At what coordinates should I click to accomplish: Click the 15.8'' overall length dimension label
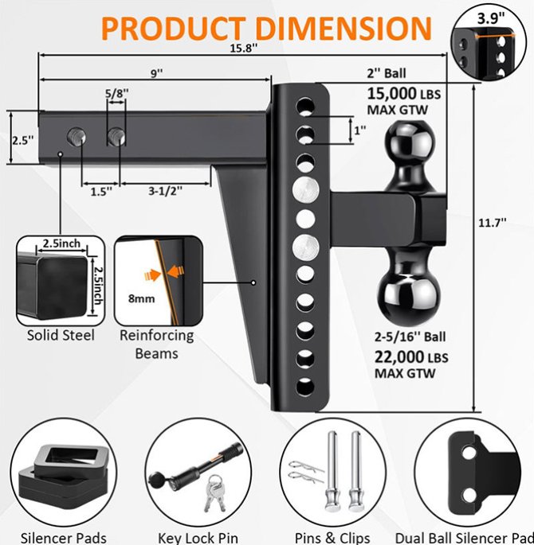click(x=243, y=48)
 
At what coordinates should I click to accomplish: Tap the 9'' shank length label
click(x=157, y=73)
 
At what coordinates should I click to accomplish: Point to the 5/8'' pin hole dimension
click(x=117, y=93)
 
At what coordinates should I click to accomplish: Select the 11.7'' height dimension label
click(x=493, y=223)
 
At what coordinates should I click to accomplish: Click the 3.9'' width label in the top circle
click(x=491, y=18)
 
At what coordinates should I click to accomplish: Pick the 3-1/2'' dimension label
click(x=165, y=191)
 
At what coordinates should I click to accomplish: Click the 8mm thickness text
click(x=141, y=298)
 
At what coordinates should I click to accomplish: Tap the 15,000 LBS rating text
click(x=404, y=94)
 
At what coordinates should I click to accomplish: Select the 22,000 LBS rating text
click(x=411, y=357)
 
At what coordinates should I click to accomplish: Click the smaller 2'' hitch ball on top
click(x=410, y=139)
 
